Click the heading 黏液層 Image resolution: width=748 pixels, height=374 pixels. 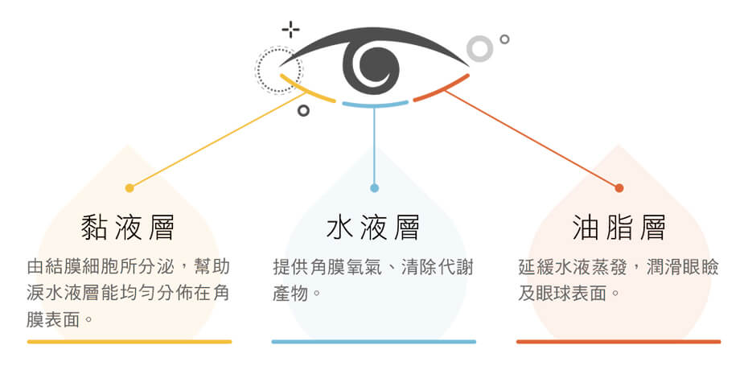[128, 227]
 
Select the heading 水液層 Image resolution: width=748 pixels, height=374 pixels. [373, 227]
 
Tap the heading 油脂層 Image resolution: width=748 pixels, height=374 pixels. [619, 227]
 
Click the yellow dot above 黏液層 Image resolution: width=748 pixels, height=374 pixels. [129, 188]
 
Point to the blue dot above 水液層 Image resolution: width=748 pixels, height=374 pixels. [375, 188]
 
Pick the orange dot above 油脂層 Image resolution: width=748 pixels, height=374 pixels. [619, 188]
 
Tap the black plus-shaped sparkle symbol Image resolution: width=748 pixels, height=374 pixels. [290, 30]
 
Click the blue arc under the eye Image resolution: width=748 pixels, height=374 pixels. [375, 105]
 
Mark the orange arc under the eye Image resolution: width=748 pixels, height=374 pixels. [442, 90]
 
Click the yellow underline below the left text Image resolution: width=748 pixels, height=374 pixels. [129, 342]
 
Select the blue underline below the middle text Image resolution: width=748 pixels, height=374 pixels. [374, 342]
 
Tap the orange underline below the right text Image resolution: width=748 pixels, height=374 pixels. [619, 342]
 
